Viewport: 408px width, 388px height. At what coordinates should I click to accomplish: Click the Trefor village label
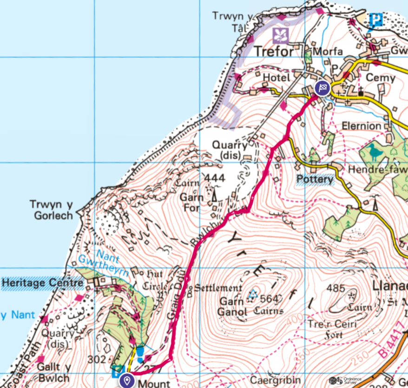[275, 51]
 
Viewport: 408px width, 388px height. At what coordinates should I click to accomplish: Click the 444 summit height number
[214, 178]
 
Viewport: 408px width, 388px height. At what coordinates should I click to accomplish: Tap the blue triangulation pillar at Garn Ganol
[253, 294]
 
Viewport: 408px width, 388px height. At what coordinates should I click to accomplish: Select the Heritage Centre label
[42, 283]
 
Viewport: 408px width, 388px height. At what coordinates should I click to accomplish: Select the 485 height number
[336, 288]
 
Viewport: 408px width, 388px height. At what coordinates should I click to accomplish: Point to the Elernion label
[361, 126]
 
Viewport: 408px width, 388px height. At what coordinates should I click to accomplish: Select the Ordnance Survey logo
[349, 381]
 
